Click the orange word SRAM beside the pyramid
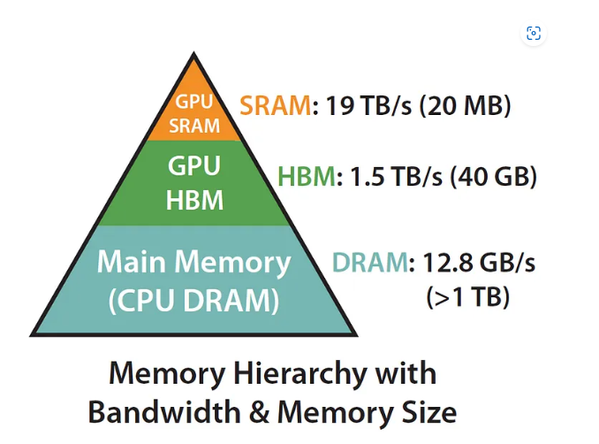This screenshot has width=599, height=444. pos(275,107)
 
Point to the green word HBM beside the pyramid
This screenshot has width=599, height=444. pos(307,177)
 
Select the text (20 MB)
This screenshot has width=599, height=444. pos(465,107)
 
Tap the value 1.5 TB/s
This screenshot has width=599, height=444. pos(391,177)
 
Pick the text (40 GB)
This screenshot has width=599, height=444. pos(492,177)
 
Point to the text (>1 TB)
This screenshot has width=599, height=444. pos(468,297)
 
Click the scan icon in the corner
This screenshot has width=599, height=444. pos(533,34)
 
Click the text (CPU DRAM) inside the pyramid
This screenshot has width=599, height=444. pos(193,301)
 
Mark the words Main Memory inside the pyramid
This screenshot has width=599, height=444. pos(193,263)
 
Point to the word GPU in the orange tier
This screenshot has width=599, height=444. pos(193,102)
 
